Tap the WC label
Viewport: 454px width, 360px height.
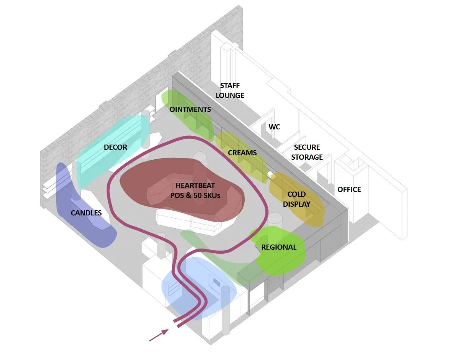coord(274,127)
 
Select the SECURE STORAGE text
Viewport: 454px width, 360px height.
coord(307,152)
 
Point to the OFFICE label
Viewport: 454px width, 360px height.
coord(349,189)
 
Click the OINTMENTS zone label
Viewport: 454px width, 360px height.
coord(190,109)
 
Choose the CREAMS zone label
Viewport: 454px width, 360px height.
coord(242,153)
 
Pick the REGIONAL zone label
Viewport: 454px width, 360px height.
coord(279,247)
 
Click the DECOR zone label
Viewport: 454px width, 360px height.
coord(115,147)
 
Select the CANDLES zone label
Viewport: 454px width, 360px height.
coord(86,213)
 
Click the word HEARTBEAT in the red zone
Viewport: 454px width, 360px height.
coord(195,186)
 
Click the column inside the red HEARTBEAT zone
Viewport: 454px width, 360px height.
coord(199,165)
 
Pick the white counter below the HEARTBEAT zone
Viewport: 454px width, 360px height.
coord(187,223)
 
